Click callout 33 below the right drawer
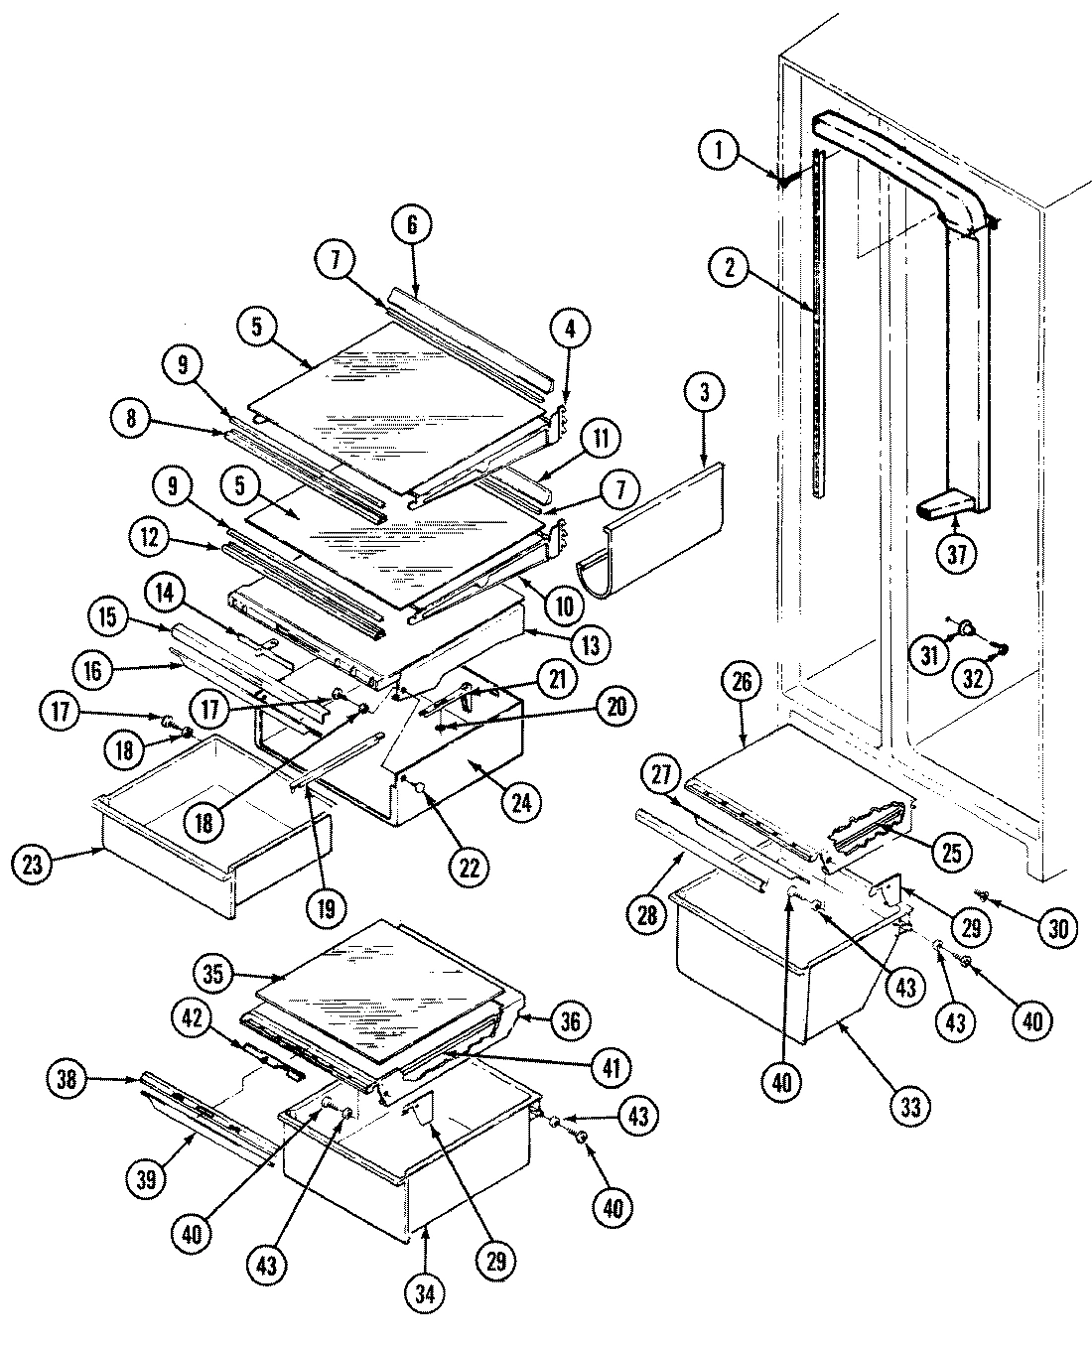pos(910,1105)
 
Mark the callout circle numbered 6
pos(412,225)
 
